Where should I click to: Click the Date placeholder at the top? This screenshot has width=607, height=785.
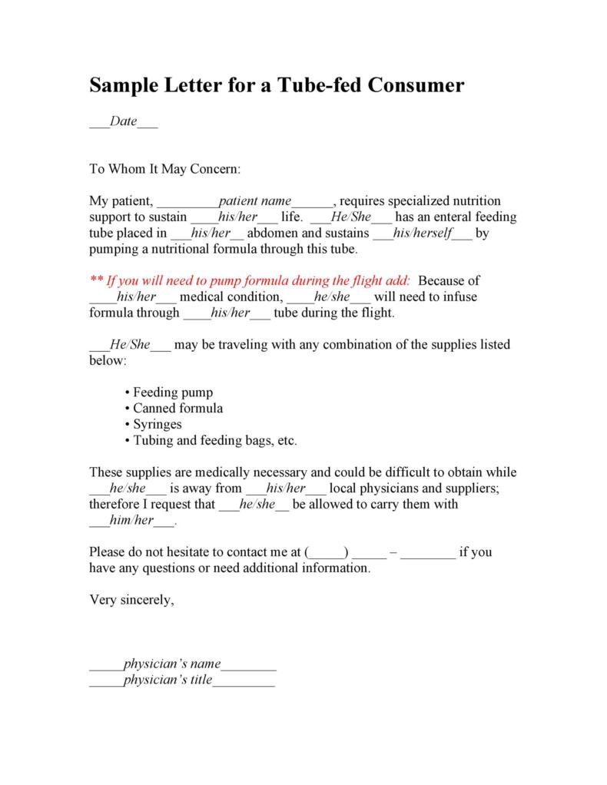[x=124, y=121]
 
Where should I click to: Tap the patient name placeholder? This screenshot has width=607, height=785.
[x=255, y=201]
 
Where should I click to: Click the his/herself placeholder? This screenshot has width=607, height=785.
[x=422, y=234]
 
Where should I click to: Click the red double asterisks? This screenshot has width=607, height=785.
[x=96, y=281]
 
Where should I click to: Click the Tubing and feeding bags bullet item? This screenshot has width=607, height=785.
[x=214, y=441]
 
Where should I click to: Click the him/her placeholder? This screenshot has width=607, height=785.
[x=132, y=521]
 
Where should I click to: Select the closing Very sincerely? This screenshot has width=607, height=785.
[x=132, y=600]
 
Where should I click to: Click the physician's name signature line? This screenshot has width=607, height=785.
[x=172, y=664]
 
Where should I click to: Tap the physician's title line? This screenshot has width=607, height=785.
[x=168, y=681]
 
